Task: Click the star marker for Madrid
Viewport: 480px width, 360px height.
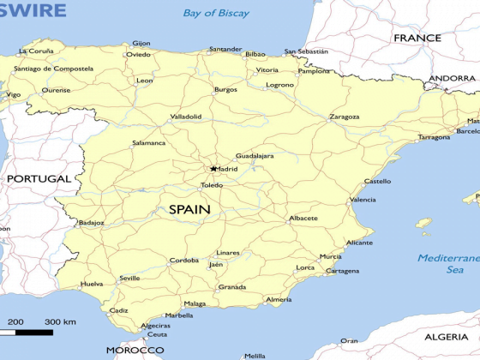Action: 213,169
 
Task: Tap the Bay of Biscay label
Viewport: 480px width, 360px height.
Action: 216,13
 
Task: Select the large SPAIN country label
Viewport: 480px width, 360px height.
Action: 189,209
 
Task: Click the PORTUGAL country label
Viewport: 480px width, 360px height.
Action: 39,178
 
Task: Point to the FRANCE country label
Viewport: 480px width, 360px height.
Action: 417,38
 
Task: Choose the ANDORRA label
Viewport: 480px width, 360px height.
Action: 451,78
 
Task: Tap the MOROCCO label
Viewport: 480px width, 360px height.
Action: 135,350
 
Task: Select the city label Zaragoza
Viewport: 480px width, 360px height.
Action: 344,117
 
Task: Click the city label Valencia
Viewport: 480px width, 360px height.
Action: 363,200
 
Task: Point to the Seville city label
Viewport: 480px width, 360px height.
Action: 129,279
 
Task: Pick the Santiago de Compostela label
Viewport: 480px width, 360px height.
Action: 53,69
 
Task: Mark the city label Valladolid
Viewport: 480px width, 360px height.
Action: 186,117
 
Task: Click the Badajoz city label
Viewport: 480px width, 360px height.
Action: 91,223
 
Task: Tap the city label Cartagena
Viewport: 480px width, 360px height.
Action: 343,271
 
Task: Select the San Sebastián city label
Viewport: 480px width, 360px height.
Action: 306,51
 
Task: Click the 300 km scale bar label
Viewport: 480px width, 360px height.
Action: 60,321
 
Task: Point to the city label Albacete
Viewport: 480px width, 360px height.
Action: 303,219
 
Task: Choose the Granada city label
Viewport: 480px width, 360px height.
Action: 232,287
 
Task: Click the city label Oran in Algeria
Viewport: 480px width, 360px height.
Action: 349,340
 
